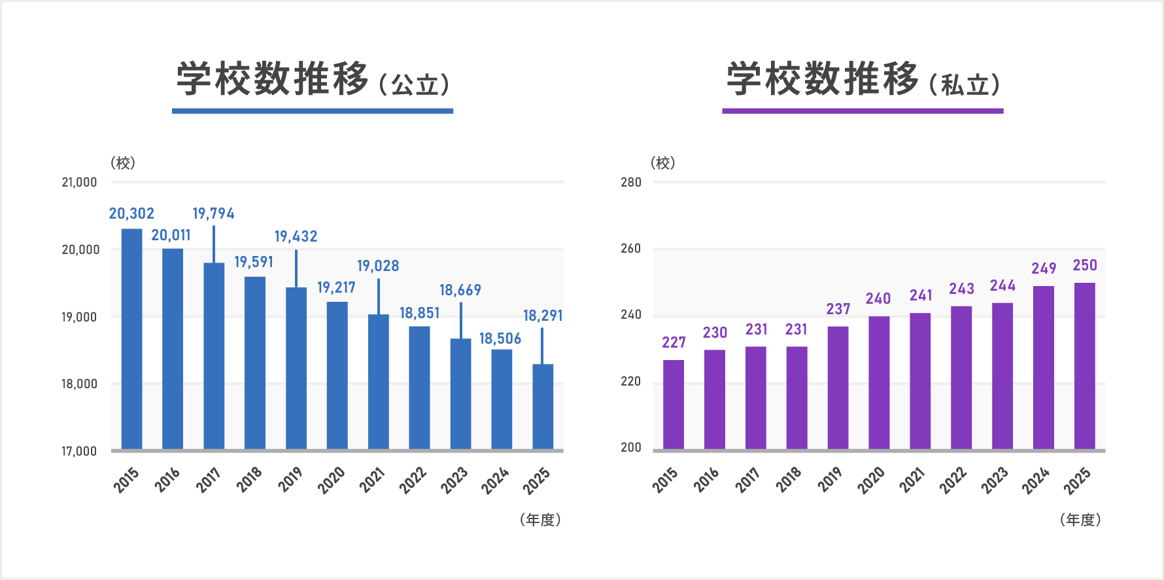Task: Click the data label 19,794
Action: pos(213,213)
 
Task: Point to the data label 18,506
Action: pos(500,338)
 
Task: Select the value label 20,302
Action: pos(131,213)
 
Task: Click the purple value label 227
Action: pos(674,342)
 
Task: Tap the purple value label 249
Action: pos(1044,268)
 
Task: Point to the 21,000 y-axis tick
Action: pos(79,183)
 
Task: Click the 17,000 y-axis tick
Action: pos(79,451)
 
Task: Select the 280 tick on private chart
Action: pos(631,183)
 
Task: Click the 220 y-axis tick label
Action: pos(631,381)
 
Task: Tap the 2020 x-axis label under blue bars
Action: pos(332,480)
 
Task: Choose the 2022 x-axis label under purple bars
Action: pos(953,480)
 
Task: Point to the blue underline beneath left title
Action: pos(313,111)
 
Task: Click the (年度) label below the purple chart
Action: pos(1080,520)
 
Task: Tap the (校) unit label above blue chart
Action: pos(123,163)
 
